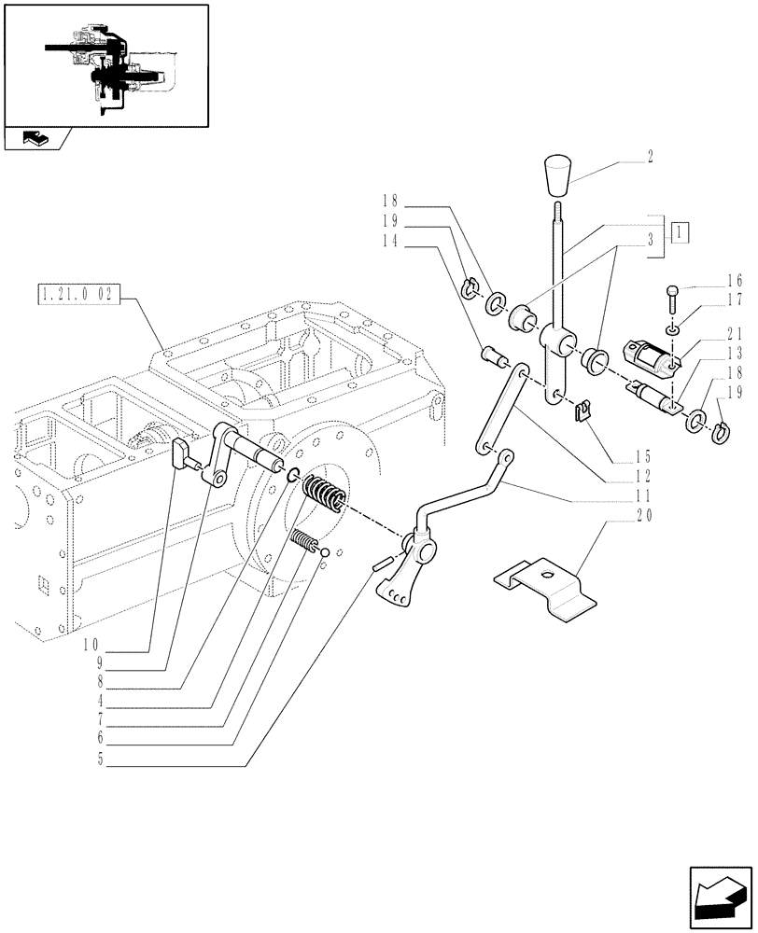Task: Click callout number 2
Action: point(650,160)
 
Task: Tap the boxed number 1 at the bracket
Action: point(681,231)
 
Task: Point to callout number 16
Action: point(734,280)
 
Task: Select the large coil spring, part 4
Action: point(326,493)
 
